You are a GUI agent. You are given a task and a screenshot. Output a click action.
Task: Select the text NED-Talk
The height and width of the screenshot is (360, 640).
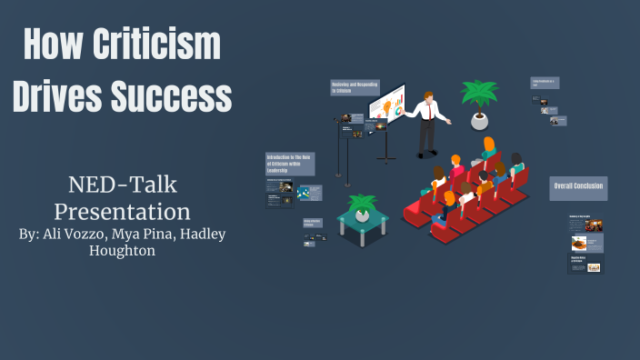[122, 185]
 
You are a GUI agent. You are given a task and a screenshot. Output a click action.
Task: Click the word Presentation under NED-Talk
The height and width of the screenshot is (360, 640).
[122, 211]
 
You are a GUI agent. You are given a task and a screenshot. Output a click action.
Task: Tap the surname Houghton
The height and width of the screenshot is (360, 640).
[122, 250]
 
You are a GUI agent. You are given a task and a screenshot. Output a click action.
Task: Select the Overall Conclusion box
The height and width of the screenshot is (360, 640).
[578, 188]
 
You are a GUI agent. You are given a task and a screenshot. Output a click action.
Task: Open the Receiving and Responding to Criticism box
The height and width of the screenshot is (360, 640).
[354, 87]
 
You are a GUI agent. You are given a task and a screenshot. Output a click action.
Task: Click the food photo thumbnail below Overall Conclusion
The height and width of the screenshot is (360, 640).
[578, 244]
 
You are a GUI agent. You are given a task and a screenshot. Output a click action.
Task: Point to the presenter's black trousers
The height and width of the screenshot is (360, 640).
[425, 138]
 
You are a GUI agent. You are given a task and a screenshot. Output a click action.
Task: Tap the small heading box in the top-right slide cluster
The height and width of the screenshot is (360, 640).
[545, 83]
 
